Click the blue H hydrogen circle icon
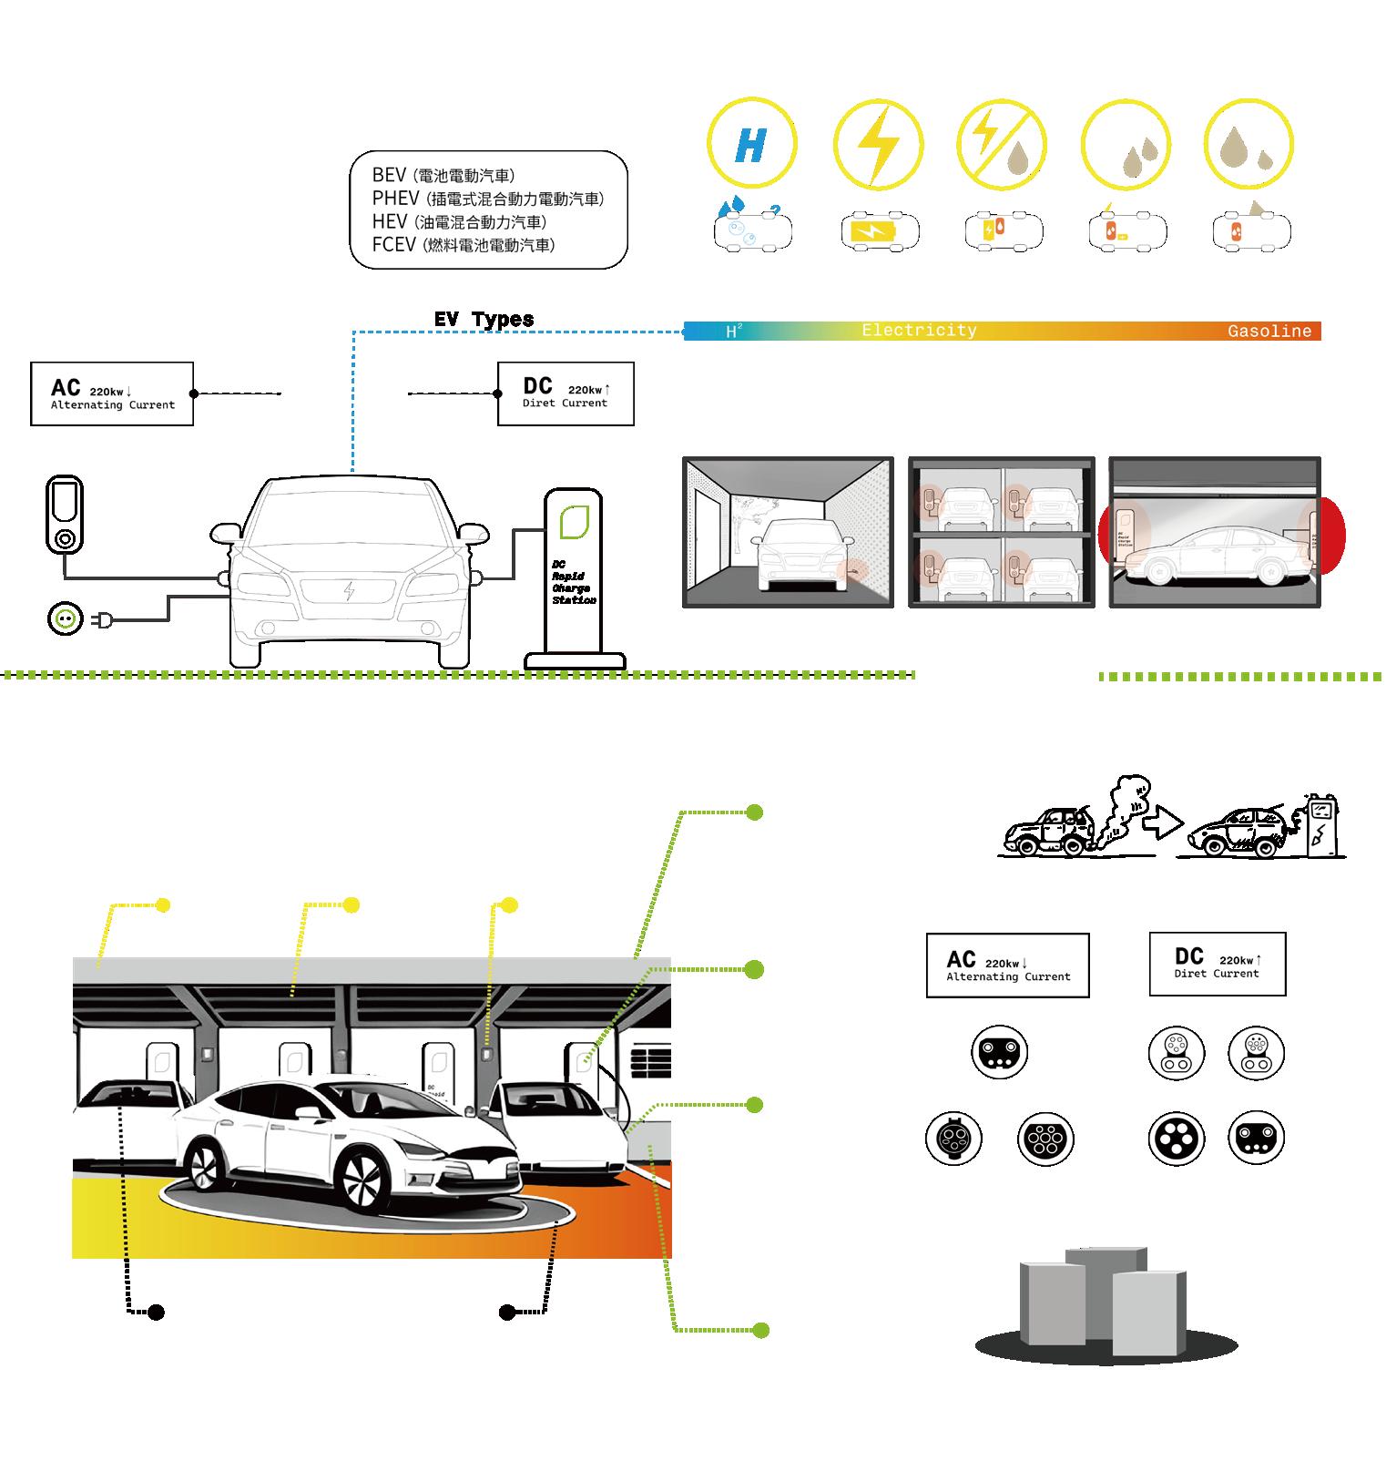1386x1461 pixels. pyautogui.click(x=752, y=144)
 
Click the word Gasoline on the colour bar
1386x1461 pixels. pyautogui.click(x=1269, y=332)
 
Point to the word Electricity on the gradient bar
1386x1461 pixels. pyautogui.click(x=919, y=331)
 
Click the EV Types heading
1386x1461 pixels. pyautogui.click(x=484, y=320)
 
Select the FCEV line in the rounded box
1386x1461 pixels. pyautogui.click(x=463, y=245)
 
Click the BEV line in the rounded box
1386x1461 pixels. pyautogui.click(x=443, y=176)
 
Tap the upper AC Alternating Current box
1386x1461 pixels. pyautogui.click(x=112, y=393)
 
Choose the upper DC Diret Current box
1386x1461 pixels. pyautogui.click(x=566, y=393)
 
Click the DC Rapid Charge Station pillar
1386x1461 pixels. pyautogui.click(x=574, y=574)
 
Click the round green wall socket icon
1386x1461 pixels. pyautogui.click(x=65, y=619)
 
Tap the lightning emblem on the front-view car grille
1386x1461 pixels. pyautogui.click(x=350, y=591)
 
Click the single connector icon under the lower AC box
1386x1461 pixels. pyautogui.click(x=1000, y=1052)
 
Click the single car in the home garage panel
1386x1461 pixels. pyautogui.click(x=789, y=555)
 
